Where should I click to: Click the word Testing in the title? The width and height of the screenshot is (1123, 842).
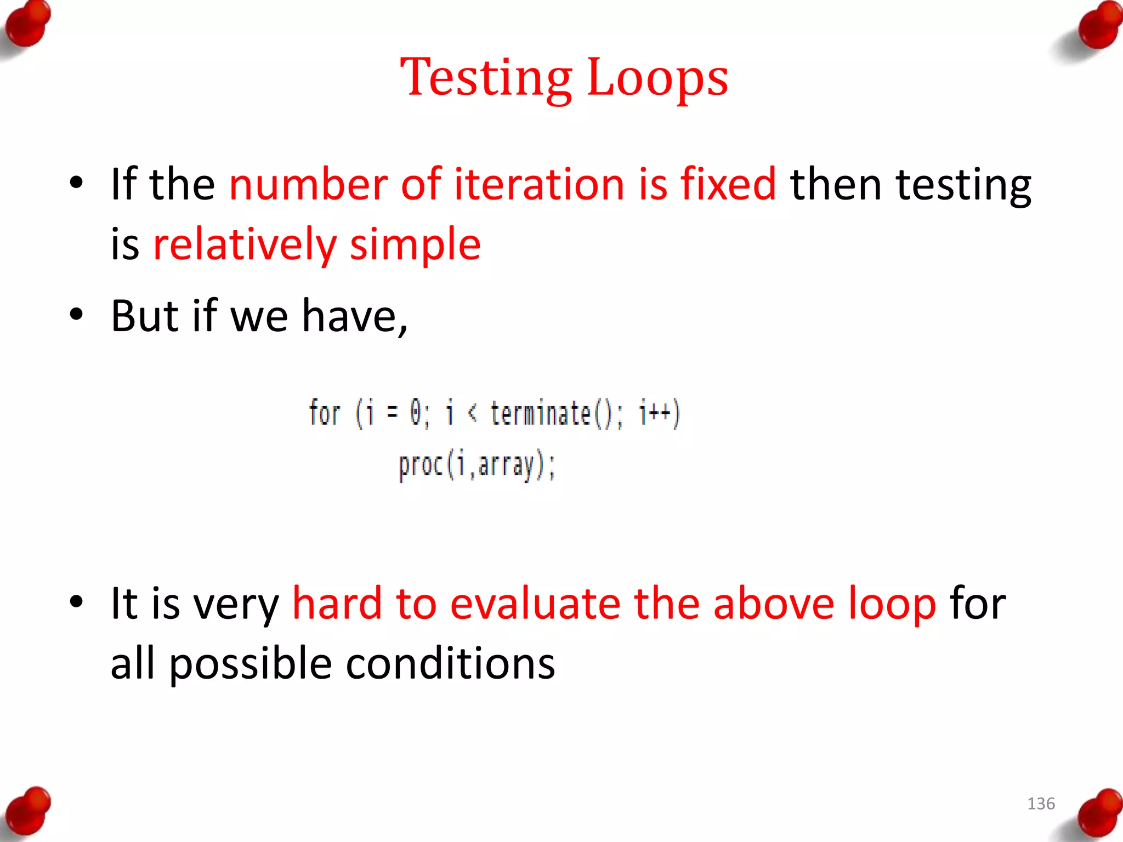(x=486, y=78)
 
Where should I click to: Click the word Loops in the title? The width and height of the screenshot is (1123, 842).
(x=657, y=78)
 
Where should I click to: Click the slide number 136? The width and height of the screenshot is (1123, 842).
(x=1040, y=804)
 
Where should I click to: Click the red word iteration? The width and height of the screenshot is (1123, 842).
(x=540, y=184)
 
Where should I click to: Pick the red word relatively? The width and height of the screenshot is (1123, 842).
(x=245, y=244)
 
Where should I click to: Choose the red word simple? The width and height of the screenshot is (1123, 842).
(x=415, y=244)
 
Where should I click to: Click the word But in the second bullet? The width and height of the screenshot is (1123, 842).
(x=144, y=316)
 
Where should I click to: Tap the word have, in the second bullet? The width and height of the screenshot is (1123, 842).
(x=355, y=316)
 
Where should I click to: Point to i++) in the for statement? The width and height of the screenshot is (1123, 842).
(x=660, y=413)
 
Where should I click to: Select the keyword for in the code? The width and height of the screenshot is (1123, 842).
(x=325, y=413)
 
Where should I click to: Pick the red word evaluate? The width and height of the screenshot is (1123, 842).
(x=535, y=604)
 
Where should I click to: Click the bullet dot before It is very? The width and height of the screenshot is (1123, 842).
(x=76, y=601)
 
